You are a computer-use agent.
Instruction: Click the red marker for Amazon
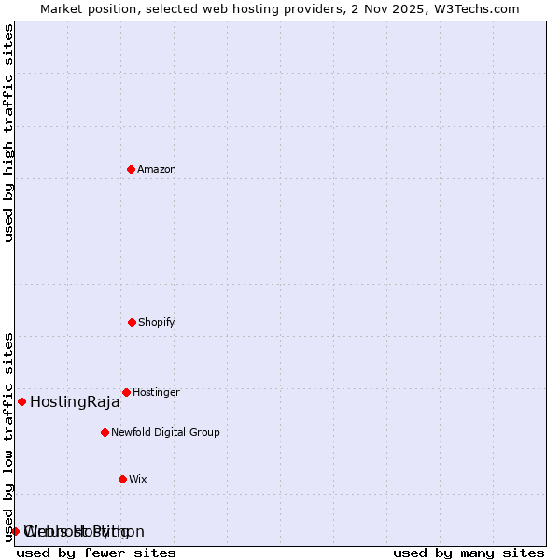click(131, 169)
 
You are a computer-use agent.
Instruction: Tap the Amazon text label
click(157, 170)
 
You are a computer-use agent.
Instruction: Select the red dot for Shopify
click(132, 322)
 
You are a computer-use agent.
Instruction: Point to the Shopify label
click(157, 323)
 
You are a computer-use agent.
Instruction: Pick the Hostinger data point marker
click(126, 392)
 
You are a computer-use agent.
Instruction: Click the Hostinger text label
click(156, 393)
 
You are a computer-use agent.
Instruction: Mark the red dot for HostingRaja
click(21, 401)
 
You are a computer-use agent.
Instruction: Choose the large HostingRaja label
click(75, 402)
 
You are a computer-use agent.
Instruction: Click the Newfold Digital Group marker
click(105, 432)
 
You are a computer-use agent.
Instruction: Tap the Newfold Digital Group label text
click(165, 433)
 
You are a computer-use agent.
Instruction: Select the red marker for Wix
click(122, 479)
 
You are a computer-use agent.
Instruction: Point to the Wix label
click(138, 480)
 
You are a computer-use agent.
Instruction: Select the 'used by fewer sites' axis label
click(96, 553)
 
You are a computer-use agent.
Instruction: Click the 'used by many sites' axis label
click(469, 553)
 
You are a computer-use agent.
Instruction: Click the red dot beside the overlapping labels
click(15, 531)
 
